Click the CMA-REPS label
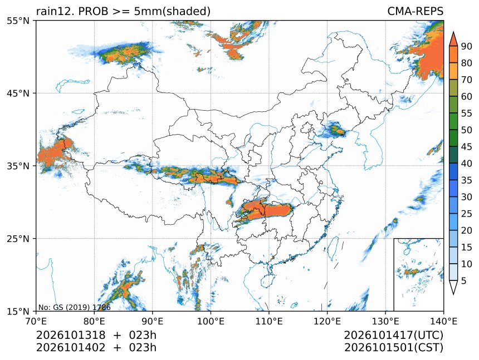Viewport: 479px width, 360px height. (415, 11)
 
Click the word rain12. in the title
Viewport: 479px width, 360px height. (56, 11)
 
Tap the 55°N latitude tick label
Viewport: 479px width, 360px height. (18, 21)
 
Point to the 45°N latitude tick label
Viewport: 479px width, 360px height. (18, 93)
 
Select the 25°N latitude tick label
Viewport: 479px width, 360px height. (18, 238)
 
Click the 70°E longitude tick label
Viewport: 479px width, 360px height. (36, 321)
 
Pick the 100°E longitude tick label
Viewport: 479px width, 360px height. (211, 321)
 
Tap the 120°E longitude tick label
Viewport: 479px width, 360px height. (327, 321)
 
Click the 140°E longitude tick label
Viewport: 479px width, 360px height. (443, 321)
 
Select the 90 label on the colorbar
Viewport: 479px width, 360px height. (467, 46)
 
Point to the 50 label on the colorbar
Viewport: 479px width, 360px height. (467, 130)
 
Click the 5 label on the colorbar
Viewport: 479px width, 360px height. (464, 280)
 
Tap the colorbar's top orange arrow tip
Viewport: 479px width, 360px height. (453, 32)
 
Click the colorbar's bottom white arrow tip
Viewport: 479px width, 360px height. (453, 295)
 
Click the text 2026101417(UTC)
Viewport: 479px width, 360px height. (393, 336)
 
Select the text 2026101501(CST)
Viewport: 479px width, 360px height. (393, 348)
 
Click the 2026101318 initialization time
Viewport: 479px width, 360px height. (71, 336)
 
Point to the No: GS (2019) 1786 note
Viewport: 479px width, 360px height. (74, 307)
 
